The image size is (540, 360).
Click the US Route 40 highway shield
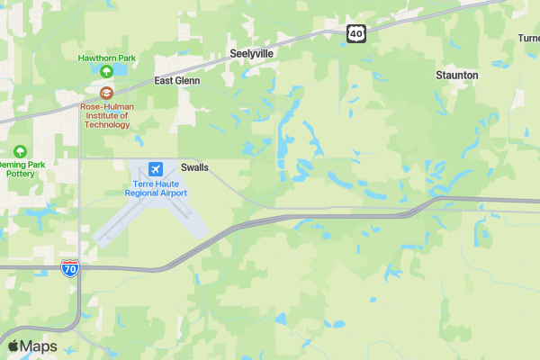click(356, 33)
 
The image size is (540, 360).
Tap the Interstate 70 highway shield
click(71, 267)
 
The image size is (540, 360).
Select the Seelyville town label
click(251, 53)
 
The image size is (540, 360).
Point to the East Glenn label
click(177, 80)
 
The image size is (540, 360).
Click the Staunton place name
click(456, 76)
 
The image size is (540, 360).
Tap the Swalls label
click(194, 167)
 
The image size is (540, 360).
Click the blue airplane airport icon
click(156, 169)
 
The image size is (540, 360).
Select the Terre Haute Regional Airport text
click(156, 188)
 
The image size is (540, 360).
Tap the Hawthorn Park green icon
click(106, 71)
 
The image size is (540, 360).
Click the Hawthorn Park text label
click(106, 58)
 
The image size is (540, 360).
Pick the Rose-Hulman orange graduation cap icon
click(106, 93)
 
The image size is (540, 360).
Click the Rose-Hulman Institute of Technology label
click(106, 114)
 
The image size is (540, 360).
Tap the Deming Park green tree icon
click(19, 151)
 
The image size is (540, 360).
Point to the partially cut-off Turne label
click(528, 38)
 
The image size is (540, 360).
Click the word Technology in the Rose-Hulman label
click(106, 124)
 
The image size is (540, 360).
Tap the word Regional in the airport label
click(142, 193)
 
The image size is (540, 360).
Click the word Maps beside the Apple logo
click(39, 346)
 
